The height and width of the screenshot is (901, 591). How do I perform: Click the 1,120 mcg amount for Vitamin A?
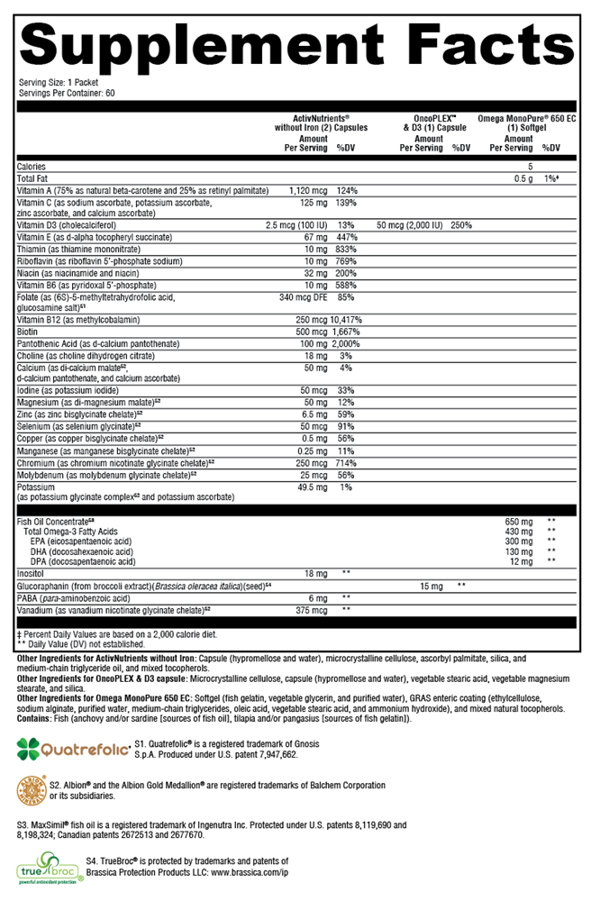point(306,191)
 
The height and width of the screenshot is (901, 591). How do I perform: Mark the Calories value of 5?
point(531,167)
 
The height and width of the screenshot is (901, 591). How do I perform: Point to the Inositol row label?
point(32,573)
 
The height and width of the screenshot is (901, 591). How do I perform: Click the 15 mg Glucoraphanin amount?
point(432,586)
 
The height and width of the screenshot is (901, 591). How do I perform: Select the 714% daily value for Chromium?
point(347,462)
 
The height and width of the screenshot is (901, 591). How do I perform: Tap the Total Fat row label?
point(34,179)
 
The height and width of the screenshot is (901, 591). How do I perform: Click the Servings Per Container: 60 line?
point(67,92)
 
